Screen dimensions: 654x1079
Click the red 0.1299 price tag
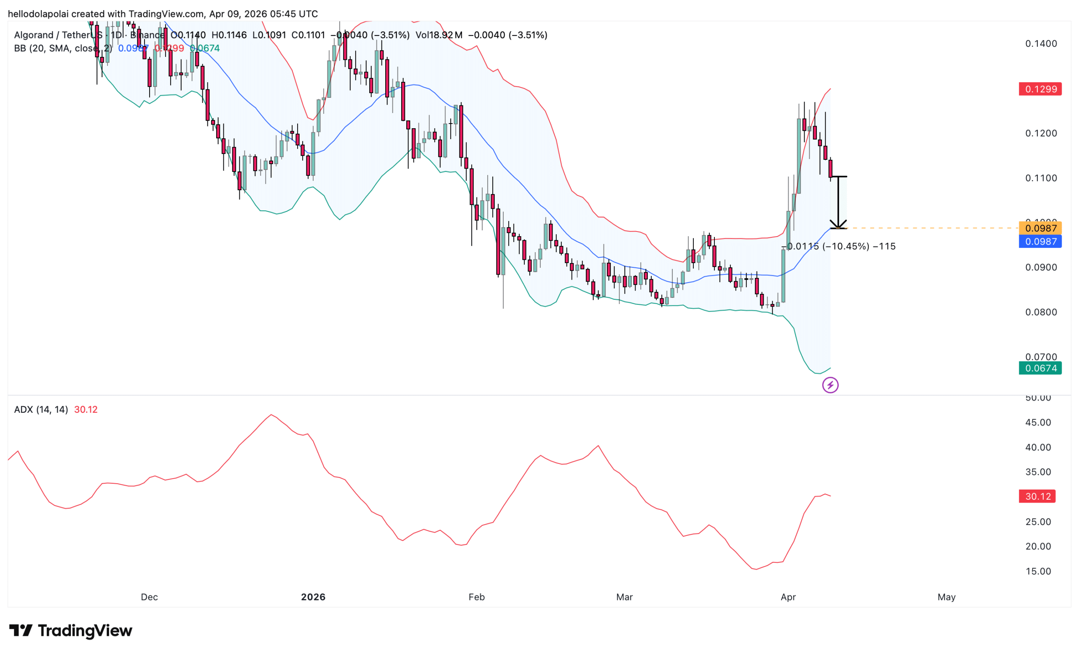(1040, 89)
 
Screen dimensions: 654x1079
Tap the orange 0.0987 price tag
(1040, 228)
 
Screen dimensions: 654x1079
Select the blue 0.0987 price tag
(1040, 241)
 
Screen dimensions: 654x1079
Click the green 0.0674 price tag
(1040, 368)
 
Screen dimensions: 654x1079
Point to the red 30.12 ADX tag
(1037, 496)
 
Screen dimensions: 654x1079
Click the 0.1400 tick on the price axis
(1041, 43)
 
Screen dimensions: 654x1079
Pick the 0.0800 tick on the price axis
(1041, 312)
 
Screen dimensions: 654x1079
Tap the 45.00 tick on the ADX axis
(1038, 422)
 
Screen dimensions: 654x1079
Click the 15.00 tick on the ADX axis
(1038, 571)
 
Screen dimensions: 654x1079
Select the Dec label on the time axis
(149, 597)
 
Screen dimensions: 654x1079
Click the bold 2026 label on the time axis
(313, 597)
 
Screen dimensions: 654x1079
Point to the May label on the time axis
(946, 597)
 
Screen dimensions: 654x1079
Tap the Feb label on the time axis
(476, 597)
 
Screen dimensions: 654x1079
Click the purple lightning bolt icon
(830, 385)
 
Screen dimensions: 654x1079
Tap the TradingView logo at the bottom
(71, 630)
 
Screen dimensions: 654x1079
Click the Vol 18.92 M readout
(439, 35)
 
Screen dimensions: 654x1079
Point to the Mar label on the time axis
(624, 597)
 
